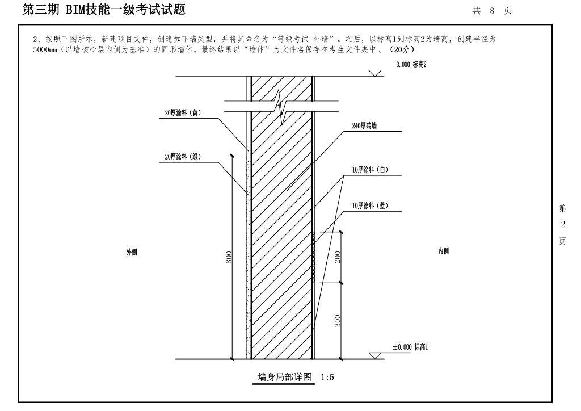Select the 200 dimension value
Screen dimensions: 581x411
337,257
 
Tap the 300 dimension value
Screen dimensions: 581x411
337,321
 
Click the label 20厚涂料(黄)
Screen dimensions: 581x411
179,113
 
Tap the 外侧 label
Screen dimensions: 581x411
132,251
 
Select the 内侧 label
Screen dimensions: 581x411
443,251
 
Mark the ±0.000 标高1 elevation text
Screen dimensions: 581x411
410,347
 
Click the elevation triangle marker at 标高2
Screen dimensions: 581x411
375,73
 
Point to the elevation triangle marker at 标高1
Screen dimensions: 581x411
375,355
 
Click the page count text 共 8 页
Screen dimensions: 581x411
491,11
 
